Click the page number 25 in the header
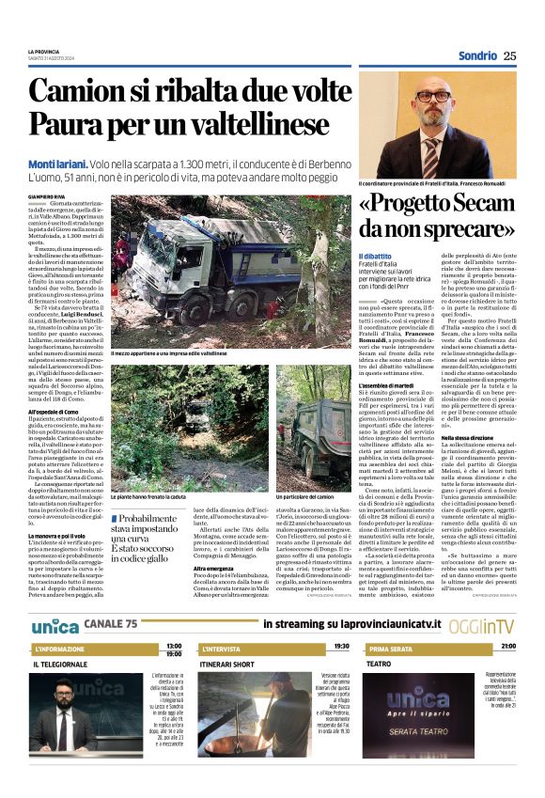coord(509,55)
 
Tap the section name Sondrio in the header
coord(477,55)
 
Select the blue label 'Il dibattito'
coord(375,256)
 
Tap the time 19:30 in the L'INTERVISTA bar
coord(341,647)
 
